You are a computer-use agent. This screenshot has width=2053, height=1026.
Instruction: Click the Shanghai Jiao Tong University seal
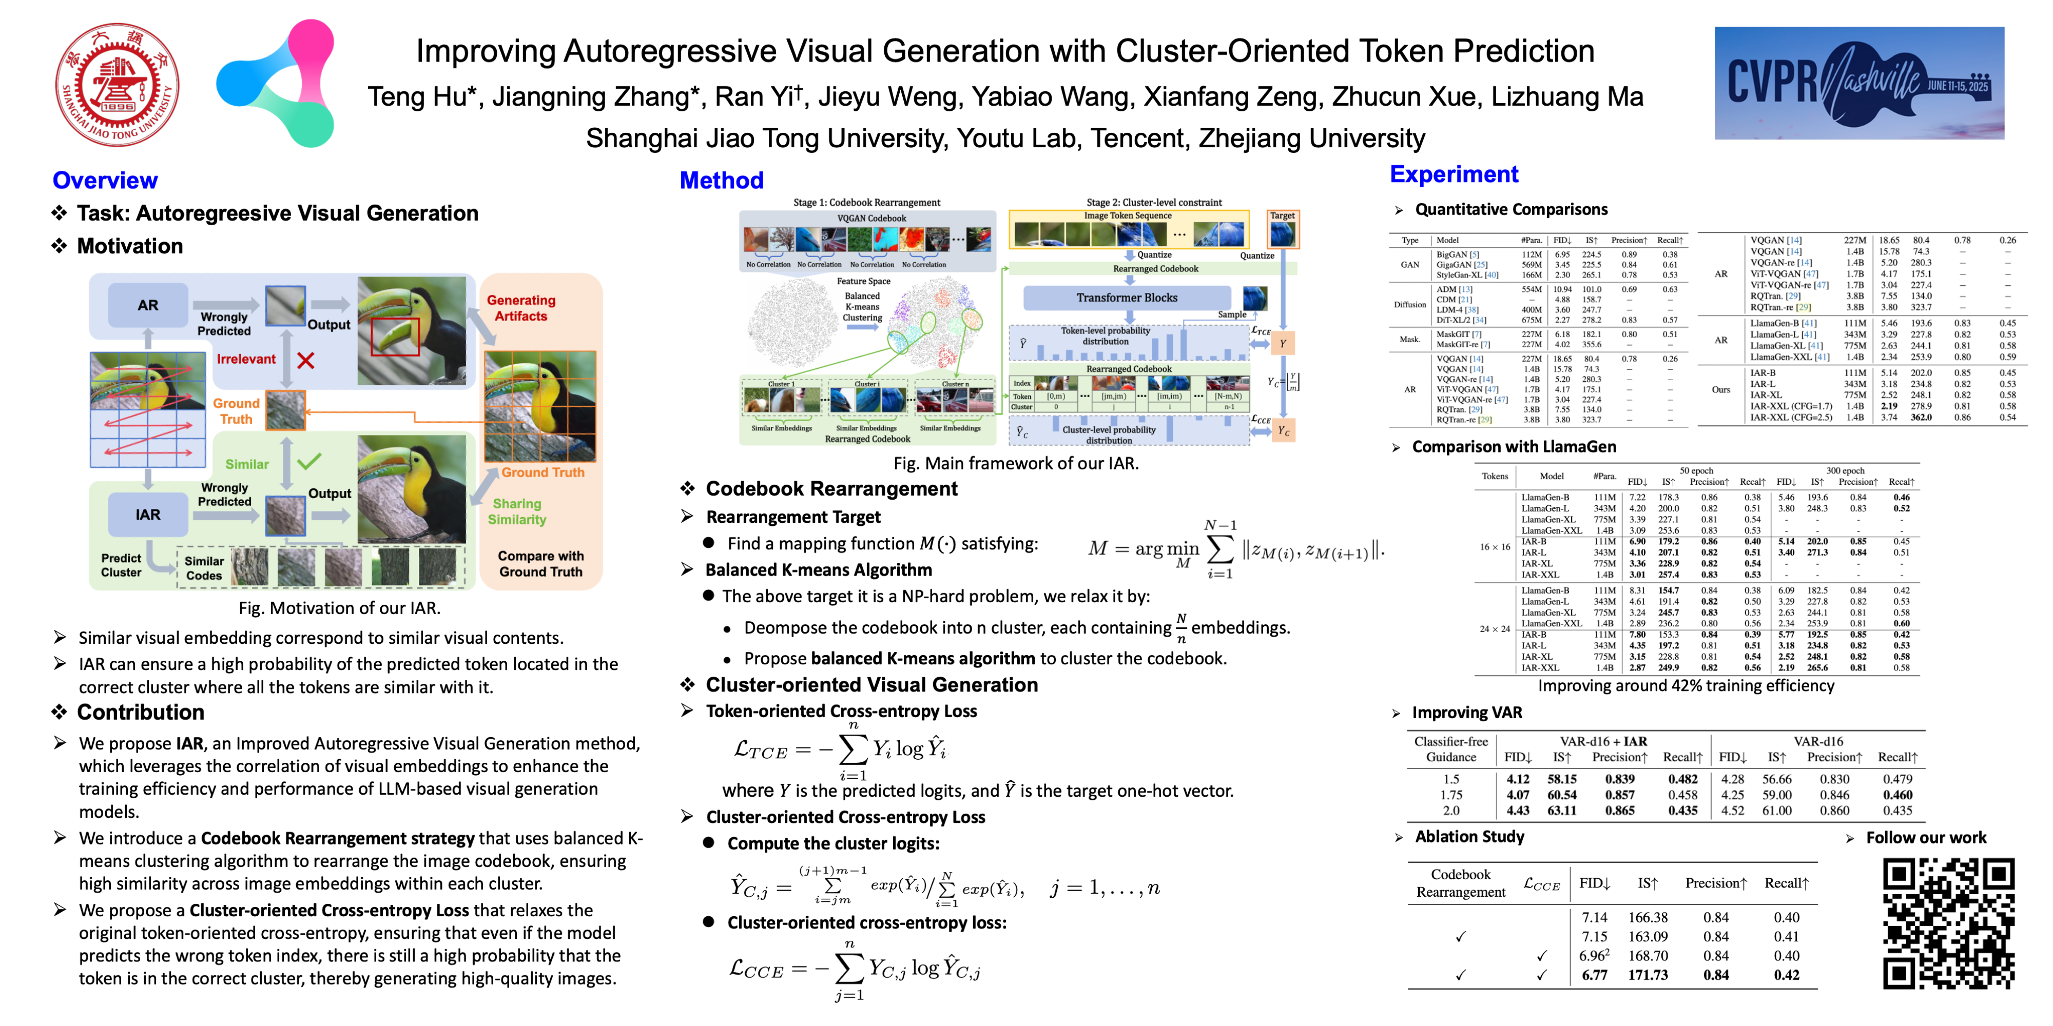[117, 85]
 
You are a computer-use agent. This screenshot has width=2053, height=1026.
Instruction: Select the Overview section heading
[105, 181]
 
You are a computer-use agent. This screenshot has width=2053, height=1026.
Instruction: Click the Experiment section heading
[1454, 174]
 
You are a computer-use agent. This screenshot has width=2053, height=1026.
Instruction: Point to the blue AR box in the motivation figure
[148, 305]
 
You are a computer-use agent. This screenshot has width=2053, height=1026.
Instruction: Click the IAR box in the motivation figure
[148, 515]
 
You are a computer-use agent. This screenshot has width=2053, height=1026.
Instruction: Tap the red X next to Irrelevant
[305, 360]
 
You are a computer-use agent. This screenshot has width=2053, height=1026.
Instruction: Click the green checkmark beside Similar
[308, 461]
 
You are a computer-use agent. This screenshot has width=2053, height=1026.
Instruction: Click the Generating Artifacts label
[521, 308]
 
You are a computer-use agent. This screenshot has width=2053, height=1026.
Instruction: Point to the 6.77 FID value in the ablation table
[1594, 975]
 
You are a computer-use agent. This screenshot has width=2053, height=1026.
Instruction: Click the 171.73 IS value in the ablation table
[1648, 975]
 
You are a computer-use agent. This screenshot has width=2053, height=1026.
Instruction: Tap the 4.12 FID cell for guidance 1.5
[1518, 779]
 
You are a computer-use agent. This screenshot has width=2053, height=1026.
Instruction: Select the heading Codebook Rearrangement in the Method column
[831, 489]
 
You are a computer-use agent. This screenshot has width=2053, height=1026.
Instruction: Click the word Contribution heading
[140, 712]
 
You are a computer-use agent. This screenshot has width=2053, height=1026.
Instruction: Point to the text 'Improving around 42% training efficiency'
[1686, 686]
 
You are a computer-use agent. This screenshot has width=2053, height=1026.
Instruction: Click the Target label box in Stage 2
[1282, 216]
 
